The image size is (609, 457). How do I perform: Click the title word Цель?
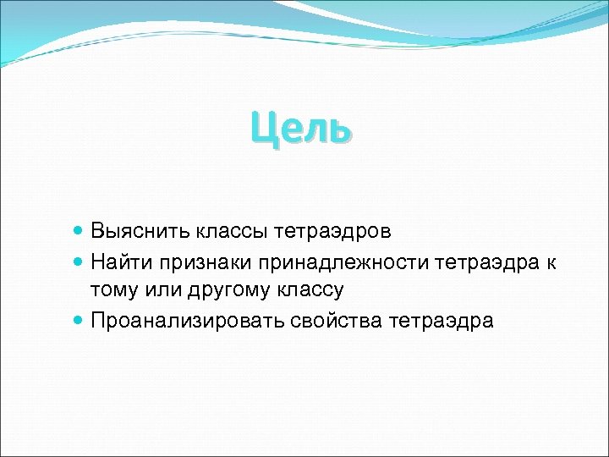pos(299,130)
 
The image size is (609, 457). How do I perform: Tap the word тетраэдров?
pos(337,230)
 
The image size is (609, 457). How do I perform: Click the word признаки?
pos(206,261)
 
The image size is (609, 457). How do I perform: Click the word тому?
pos(114,291)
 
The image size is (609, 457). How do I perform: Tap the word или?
pos(162,291)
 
